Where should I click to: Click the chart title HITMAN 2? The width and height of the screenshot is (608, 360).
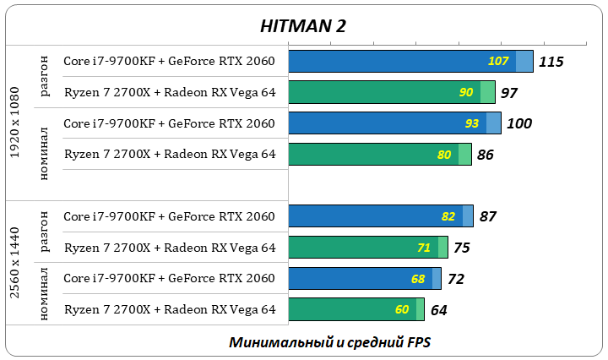[x=303, y=25]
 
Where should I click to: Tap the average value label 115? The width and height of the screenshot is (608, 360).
[x=551, y=62]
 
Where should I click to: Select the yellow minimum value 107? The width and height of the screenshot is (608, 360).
[x=498, y=62]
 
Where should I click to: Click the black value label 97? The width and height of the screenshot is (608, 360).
[x=508, y=93]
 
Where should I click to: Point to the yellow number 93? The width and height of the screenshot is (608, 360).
[x=472, y=123]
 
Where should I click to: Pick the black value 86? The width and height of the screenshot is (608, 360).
[x=485, y=155]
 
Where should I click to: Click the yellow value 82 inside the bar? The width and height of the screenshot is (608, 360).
[x=448, y=216]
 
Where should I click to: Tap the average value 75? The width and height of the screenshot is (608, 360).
[x=461, y=248]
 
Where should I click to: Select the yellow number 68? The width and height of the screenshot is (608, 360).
[x=417, y=278]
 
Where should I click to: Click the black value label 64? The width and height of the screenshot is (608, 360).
[x=438, y=309]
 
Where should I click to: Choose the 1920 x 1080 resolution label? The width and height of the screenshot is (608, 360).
[x=14, y=123]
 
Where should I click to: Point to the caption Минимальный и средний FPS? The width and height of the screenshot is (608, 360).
[x=335, y=342]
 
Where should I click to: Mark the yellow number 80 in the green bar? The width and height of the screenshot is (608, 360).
[x=444, y=155]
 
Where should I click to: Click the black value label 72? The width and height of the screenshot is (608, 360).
[x=456, y=278]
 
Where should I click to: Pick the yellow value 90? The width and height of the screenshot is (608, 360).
[x=466, y=93]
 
